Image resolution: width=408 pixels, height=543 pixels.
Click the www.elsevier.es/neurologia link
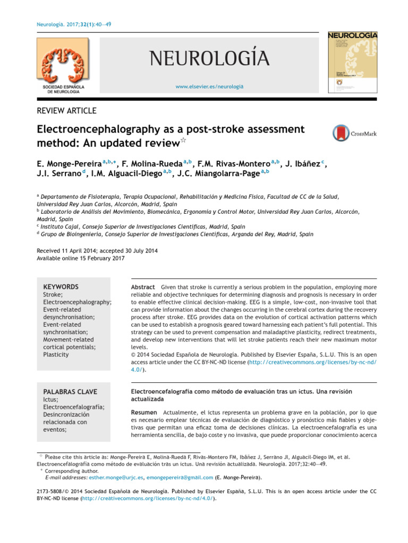point(209,86)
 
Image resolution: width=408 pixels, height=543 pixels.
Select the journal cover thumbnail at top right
point(352,62)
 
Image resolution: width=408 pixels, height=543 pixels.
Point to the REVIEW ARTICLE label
point(66,111)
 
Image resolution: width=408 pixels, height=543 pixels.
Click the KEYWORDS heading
point(60,287)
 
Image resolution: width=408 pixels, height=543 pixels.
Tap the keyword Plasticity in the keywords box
point(56,354)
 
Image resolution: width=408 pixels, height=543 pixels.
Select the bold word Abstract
point(143,287)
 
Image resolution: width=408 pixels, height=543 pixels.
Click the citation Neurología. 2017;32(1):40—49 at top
point(74,24)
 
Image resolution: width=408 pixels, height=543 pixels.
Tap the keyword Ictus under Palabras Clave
point(49,399)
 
